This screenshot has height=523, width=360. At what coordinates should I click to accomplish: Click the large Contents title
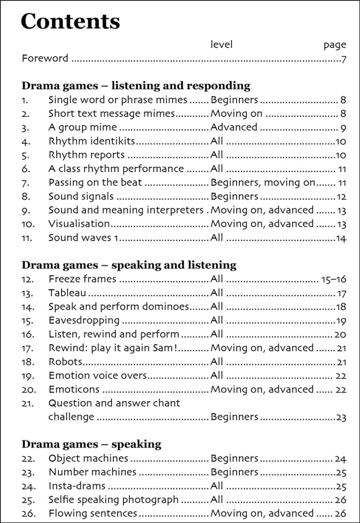(x=70, y=21)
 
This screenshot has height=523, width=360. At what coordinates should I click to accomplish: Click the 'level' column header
(x=222, y=44)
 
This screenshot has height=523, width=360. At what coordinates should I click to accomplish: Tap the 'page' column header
(x=335, y=45)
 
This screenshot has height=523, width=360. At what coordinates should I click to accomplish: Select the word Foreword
(x=45, y=58)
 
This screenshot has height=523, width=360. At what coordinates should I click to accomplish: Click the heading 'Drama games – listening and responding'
(x=136, y=85)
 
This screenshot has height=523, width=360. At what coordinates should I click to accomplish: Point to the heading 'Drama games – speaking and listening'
(x=129, y=265)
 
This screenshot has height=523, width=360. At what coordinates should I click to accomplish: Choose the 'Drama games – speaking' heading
(x=91, y=444)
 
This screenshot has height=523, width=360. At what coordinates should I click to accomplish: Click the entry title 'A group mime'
(x=83, y=127)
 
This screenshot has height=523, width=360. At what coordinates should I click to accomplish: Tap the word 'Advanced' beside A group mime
(x=234, y=127)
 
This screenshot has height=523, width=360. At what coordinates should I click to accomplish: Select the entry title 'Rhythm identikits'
(x=91, y=141)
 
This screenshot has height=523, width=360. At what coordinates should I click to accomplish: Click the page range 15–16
(x=334, y=279)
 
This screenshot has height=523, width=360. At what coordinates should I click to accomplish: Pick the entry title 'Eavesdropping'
(x=84, y=320)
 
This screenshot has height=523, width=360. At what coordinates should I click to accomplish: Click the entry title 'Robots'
(x=65, y=361)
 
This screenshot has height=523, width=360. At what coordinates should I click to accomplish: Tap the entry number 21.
(x=27, y=403)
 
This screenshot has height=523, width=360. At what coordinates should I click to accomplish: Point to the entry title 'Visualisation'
(x=79, y=224)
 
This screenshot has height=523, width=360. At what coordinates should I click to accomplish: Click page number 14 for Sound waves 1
(x=341, y=238)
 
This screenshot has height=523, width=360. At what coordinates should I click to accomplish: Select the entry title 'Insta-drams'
(x=77, y=486)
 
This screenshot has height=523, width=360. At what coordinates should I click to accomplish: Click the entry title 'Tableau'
(x=67, y=293)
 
